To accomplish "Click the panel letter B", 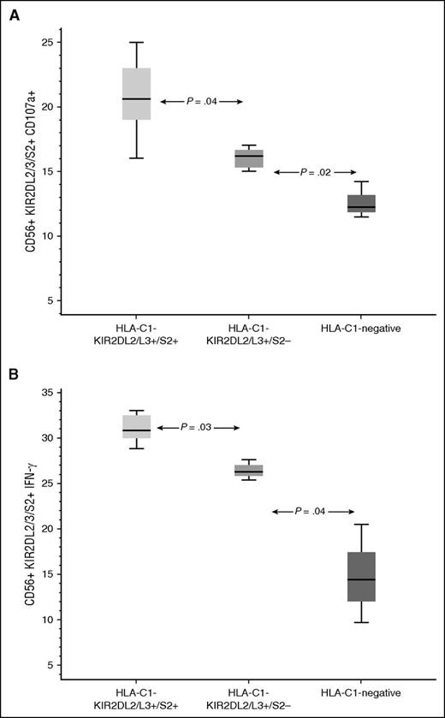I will [14, 374].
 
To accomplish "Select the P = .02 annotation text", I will [314, 172].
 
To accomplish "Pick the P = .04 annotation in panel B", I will [313, 512].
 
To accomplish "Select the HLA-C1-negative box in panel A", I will [361, 204].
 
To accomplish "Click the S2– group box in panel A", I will [249, 158].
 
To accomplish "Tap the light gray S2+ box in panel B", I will [136, 426].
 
